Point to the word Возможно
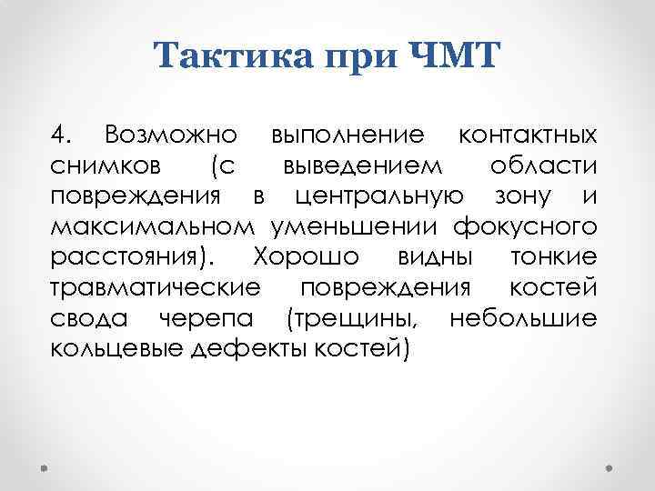[170, 136]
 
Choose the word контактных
[528, 136]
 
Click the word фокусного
[529, 226]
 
